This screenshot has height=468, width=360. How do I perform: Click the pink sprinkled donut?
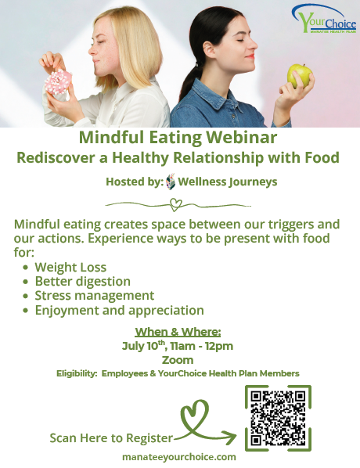(58, 81)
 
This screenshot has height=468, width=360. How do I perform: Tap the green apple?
(300, 76)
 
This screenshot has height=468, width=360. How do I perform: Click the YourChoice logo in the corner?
(324, 19)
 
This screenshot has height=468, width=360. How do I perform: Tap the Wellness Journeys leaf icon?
(171, 181)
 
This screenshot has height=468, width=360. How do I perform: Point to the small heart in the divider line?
(175, 205)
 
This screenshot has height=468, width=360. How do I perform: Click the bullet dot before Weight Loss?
(26, 267)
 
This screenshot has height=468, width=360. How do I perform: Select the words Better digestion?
(83, 282)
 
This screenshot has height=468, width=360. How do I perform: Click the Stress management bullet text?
(95, 296)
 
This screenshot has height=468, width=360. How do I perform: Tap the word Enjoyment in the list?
(67, 311)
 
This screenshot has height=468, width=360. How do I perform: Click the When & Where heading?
(178, 332)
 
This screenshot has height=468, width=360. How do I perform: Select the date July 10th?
(144, 346)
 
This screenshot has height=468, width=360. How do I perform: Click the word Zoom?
(178, 360)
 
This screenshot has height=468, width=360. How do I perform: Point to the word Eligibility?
(77, 373)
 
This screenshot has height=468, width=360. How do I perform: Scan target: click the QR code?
(278, 418)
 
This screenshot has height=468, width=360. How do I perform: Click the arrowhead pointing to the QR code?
(230, 437)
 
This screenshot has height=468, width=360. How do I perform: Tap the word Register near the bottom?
(149, 438)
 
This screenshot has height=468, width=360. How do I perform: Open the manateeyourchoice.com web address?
(179, 457)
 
